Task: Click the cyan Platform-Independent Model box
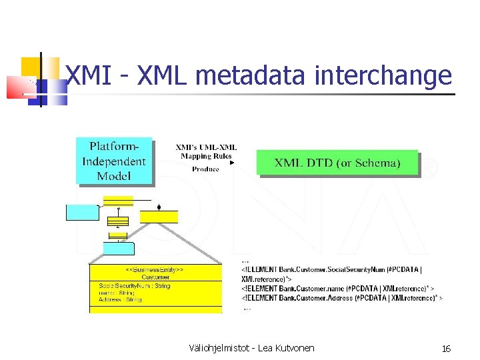113,161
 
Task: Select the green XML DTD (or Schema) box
337,163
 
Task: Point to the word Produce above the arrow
205,169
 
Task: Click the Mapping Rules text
205,156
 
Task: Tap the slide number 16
446,348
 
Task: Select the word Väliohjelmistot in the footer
213,348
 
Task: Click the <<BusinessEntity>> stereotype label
155,270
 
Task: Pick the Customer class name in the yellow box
155,277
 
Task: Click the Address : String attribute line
121,300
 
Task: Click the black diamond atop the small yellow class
159,207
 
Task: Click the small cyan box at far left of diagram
82,212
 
